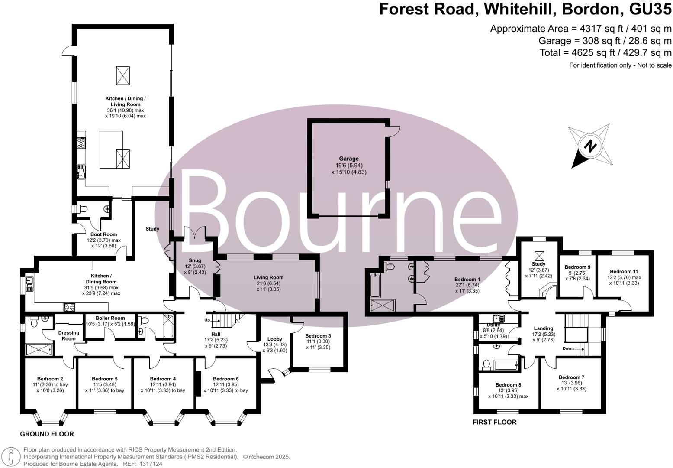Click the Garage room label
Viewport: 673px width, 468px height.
tap(348, 159)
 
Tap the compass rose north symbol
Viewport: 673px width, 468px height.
tap(589, 146)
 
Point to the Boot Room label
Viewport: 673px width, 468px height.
tap(103, 234)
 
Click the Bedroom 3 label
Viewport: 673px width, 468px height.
tap(318, 336)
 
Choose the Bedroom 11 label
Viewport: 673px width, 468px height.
tap(624, 271)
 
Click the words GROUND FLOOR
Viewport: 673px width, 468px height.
tap(47, 434)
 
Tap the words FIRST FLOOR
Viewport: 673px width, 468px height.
tap(494, 422)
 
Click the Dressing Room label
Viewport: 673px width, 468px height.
tap(69, 335)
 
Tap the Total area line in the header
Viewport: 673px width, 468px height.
tap(605, 53)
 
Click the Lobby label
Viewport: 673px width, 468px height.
tap(274, 339)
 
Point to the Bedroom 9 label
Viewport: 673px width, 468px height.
tap(577, 267)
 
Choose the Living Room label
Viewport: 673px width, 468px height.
tap(268, 277)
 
